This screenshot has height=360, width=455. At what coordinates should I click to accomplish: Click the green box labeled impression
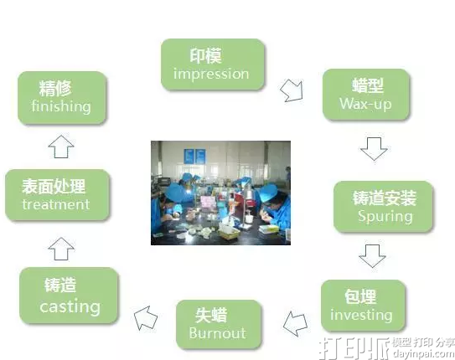[212, 65]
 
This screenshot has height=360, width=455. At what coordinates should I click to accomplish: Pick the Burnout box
[217, 324]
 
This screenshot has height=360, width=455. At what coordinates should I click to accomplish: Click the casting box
[69, 296]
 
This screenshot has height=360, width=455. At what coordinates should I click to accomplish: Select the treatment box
[55, 194]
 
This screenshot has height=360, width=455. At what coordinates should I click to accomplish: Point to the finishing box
[61, 97]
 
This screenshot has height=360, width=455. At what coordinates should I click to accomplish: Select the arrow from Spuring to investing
[373, 255]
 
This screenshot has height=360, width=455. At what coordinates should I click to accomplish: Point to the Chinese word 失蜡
[216, 315]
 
